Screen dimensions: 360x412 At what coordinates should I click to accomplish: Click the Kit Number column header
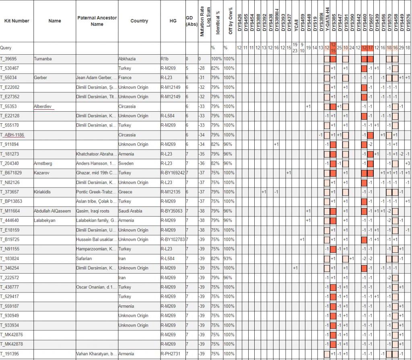coord(17,21)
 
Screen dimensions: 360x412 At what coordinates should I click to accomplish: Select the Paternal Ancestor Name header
coord(97,21)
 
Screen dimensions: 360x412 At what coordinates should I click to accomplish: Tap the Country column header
coord(139,21)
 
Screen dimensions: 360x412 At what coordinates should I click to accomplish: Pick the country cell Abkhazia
coord(128,59)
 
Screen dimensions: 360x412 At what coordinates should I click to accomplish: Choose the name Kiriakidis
coord(43,192)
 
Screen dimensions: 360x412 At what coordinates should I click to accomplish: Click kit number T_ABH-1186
coord(15,135)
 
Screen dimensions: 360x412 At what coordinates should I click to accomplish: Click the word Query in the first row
coord(6,48)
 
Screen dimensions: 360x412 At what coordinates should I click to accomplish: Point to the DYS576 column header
coord(408,20)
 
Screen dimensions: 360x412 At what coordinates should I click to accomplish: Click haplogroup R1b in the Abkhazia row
coord(165,59)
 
